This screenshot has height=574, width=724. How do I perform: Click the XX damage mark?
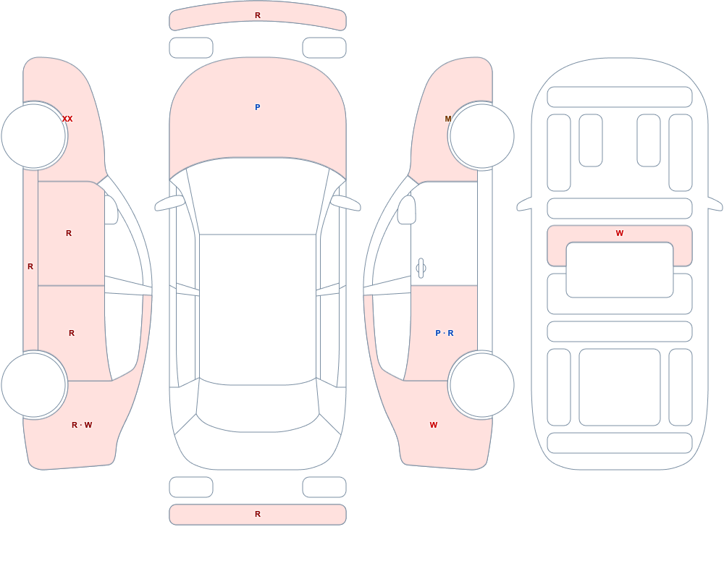(67, 119)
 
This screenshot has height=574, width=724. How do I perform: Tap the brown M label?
(448, 119)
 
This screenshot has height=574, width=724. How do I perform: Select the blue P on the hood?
(258, 107)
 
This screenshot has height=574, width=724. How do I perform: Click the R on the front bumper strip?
(258, 15)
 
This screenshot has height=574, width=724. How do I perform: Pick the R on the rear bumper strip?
(258, 514)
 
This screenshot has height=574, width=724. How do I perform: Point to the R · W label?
(82, 425)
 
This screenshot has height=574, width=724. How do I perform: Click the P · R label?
(445, 333)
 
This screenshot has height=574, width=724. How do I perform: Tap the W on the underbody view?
(620, 233)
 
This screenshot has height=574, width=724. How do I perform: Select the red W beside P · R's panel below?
(434, 425)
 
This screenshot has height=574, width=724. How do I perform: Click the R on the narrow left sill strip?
(30, 266)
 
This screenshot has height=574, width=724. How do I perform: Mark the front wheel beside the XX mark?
(34, 136)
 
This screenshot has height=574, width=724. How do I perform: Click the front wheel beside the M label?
(481, 136)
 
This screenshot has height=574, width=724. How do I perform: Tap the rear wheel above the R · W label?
(34, 384)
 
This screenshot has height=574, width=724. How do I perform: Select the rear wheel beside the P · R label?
(481, 384)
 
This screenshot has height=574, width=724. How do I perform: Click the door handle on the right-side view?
(421, 269)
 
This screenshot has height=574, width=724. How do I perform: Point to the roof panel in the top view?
(258, 309)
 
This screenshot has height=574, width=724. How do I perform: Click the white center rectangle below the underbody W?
(620, 270)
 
